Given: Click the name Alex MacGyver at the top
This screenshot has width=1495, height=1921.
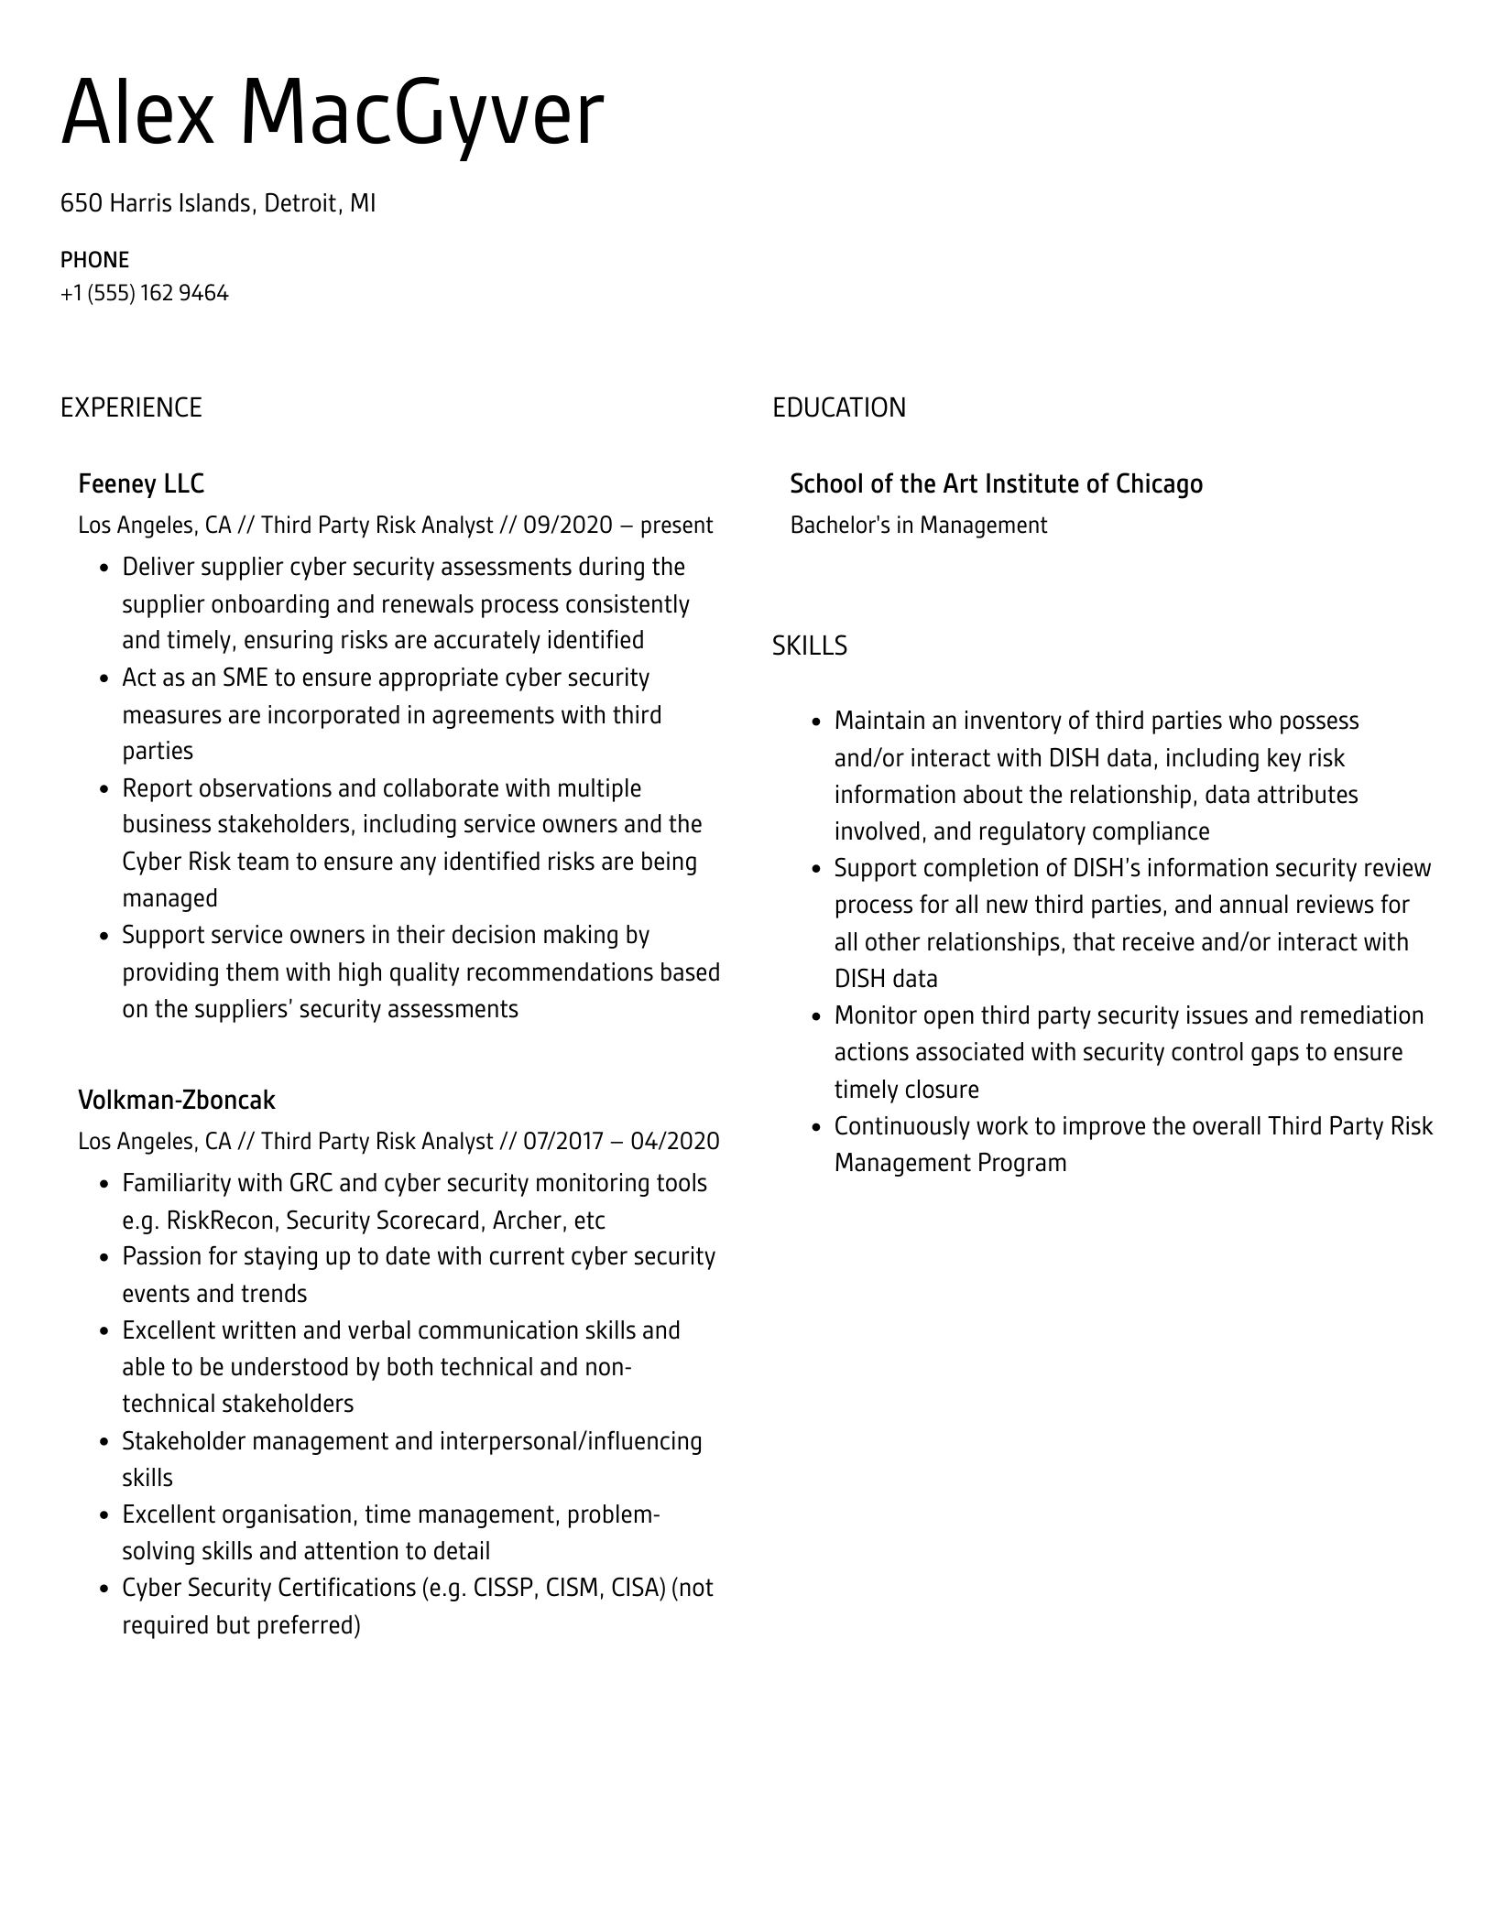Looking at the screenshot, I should point(332,114).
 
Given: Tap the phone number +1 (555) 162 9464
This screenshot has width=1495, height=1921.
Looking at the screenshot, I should point(145,293).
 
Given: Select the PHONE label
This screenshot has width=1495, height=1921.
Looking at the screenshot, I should point(94,260).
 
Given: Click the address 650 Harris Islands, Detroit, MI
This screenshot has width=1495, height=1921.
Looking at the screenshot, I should point(218,202).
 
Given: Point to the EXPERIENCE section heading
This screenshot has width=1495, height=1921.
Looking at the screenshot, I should point(131,407).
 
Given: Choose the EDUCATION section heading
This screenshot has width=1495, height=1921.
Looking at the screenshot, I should point(838,407).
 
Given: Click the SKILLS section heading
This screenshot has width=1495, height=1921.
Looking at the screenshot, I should point(809,646).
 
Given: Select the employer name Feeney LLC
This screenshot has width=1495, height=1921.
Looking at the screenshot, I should point(141,483).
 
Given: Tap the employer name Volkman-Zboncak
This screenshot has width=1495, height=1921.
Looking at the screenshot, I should point(177,1100).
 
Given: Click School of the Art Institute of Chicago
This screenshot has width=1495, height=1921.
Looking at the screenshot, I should point(996,483).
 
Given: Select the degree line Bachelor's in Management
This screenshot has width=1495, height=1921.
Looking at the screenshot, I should point(918,526).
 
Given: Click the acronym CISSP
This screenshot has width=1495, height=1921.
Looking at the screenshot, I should point(503,1589).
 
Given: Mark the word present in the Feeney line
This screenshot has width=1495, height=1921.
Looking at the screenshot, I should point(676,526).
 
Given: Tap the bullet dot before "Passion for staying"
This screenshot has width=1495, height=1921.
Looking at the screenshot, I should point(105,1257).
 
